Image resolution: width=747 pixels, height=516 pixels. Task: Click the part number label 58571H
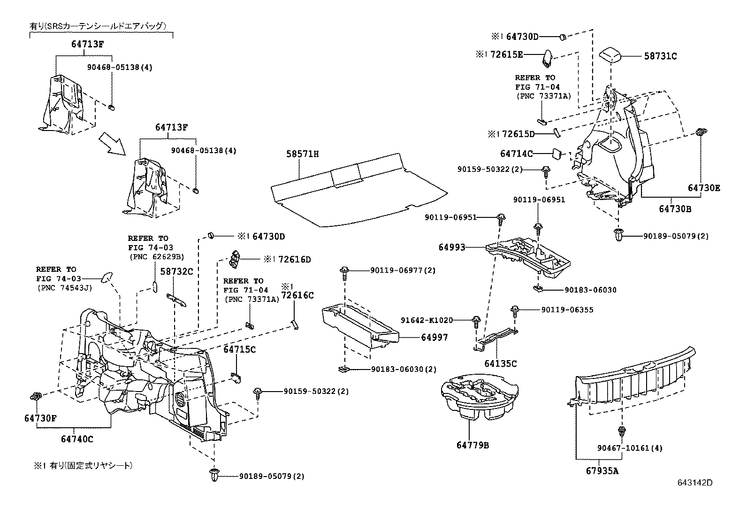(303, 154)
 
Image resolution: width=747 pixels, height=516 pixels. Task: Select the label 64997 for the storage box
(434, 337)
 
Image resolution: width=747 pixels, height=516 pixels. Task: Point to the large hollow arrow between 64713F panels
(113, 144)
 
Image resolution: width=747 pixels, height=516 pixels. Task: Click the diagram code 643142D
(694, 483)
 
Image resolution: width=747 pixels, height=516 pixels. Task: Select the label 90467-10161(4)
(630, 448)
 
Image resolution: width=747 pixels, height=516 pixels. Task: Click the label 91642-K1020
(427, 320)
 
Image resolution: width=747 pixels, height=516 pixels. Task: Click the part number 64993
(452, 247)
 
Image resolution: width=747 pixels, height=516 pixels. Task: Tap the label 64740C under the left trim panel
(77, 439)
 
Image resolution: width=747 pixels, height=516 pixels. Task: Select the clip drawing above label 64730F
(36, 396)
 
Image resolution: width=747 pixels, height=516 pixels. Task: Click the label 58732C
(176, 271)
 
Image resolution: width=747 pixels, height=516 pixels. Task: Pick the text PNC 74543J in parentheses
(64, 288)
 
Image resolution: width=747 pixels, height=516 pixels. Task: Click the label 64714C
(516, 154)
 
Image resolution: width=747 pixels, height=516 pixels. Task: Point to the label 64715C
(239, 349)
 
